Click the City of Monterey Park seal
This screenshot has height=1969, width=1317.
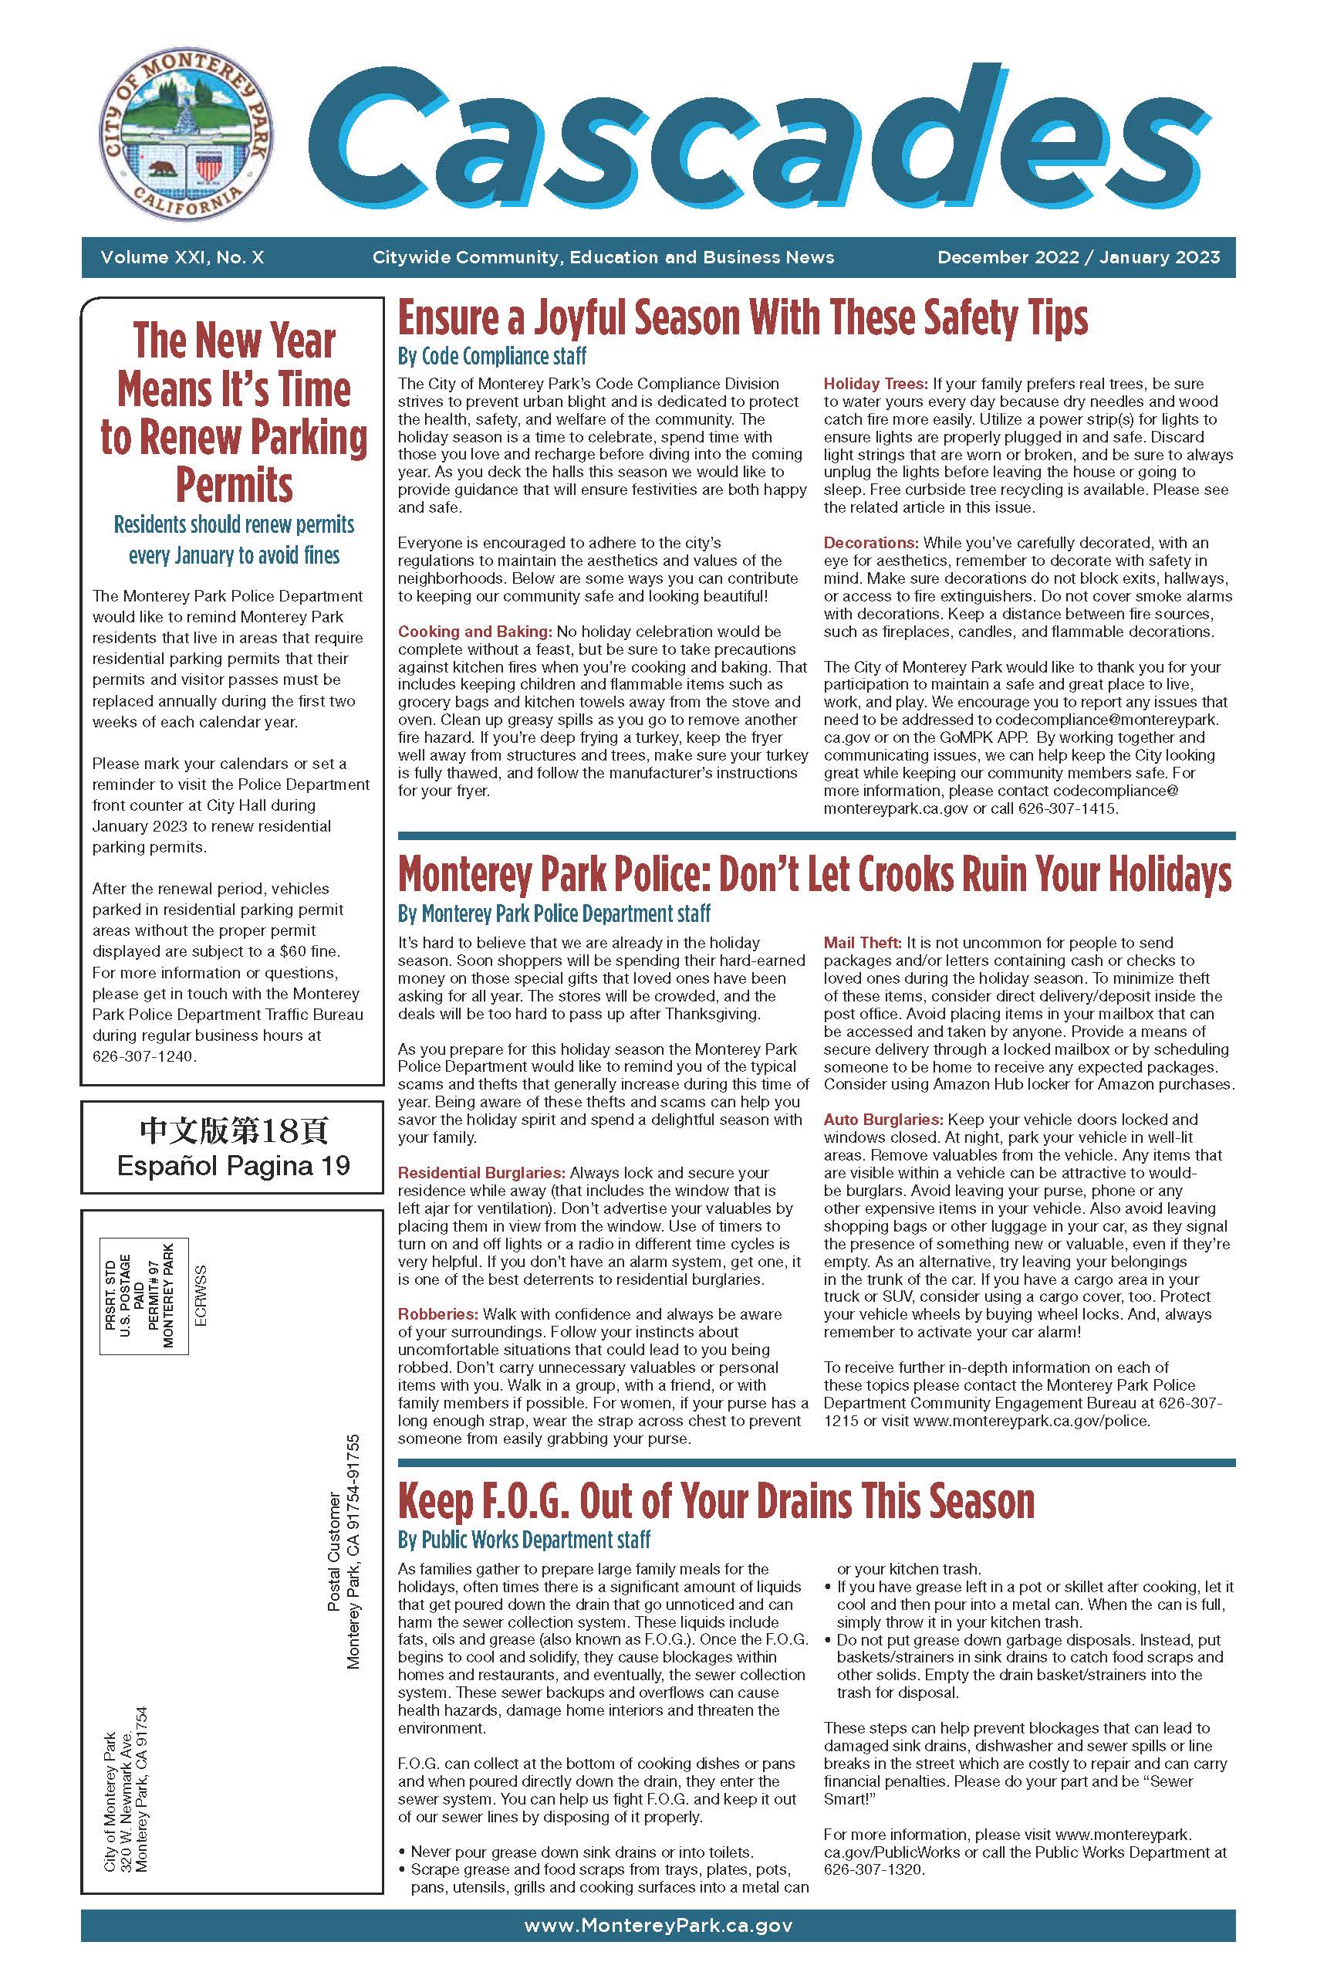[186, 137]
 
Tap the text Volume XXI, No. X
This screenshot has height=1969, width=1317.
[182, 257]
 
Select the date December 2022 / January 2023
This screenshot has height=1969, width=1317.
[1079, 257]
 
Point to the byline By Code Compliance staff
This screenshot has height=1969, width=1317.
[491, 356]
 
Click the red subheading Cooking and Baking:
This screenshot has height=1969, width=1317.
[474, 631]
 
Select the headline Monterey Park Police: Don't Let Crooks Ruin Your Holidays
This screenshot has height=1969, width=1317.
[814, 875]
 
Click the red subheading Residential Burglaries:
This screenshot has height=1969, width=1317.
[481, 1172]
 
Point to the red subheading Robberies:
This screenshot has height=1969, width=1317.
[437, 1313]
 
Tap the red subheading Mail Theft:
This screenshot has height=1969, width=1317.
[863, 943]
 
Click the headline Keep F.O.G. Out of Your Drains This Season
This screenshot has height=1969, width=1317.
[716, 1502]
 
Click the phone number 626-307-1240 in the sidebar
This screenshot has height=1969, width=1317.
[144, 1056]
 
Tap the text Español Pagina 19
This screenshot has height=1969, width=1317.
[233, 1166]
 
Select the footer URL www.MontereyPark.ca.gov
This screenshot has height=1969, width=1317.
[657, 1925]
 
